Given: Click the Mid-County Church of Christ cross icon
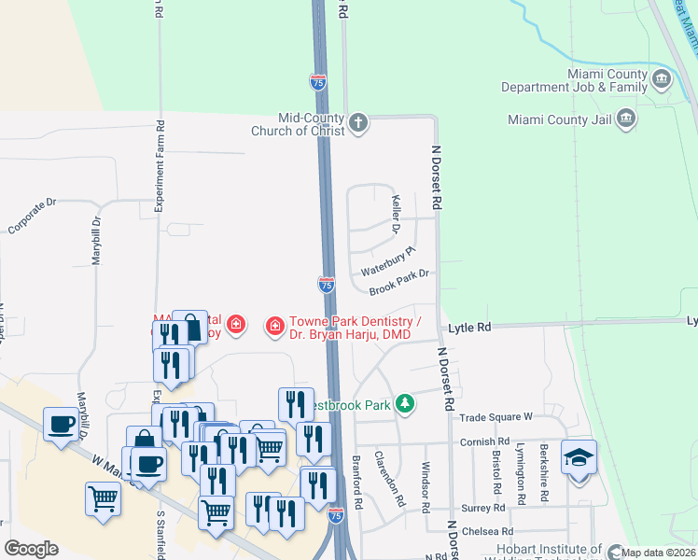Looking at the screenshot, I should click(x=358, y=123).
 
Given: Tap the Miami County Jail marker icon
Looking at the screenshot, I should click(x=626, y=119).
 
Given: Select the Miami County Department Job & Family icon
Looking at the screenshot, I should click(x=662, y=78).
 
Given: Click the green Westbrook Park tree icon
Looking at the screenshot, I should click(x=404, y=403).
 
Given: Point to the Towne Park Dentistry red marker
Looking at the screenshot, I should click(x=275, y=325).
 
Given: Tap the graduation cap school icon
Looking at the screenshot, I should click(x=579, y=458).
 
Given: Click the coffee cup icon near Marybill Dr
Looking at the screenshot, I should click(x=62, y=424).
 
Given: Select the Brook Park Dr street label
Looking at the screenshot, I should click(x=398, y=280).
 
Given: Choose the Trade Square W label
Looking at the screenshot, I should click(x=495, y=416).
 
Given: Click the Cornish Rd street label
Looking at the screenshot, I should click(x=484, y=441).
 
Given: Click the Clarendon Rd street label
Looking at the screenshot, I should click(x=389, y=479).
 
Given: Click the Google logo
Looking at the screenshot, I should click(x=32, y=549).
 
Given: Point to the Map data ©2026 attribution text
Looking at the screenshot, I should click(x=658, y=553).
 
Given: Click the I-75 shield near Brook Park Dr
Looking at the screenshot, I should click(x=327, y=284).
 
